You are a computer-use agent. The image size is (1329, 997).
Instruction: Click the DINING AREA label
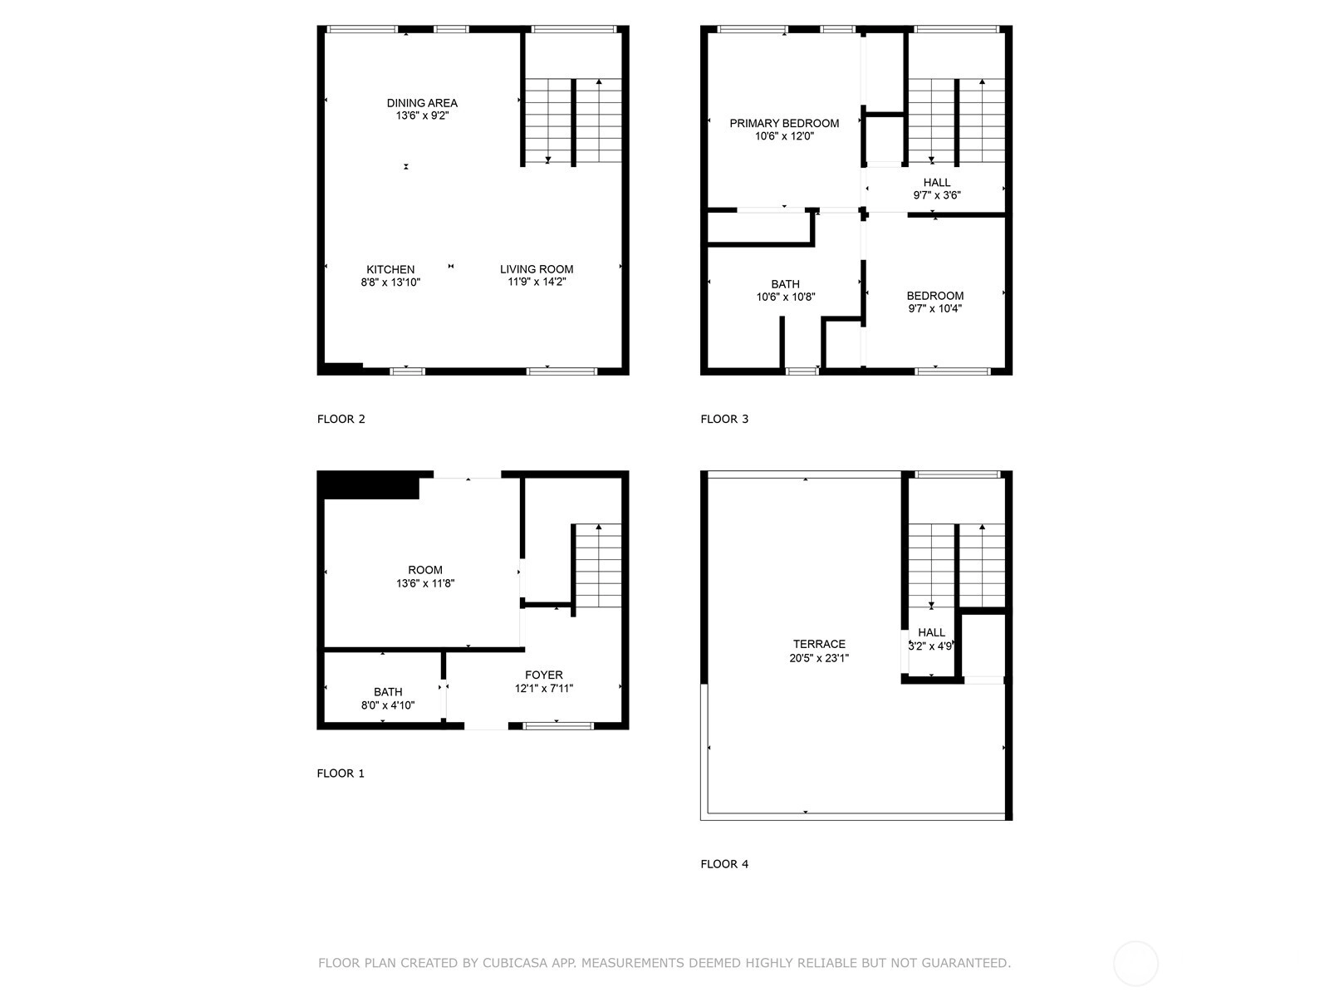pyautogui.click(x=422, y=103)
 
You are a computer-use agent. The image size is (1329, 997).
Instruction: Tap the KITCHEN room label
pyautogui.click(x=390, y=269)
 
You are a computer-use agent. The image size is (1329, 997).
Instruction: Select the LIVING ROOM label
pyautogui.click(x=537, y=268)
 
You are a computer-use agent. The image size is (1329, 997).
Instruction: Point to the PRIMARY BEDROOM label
pyautogui.click(x=784, y=124)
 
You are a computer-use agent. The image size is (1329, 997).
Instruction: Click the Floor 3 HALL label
pyautogui.click(x=937, y=182)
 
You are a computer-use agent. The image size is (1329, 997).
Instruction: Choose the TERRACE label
pyautogui.click(x=819, y=644)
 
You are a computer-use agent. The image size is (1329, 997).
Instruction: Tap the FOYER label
pyautogui.click(x=544, y=675)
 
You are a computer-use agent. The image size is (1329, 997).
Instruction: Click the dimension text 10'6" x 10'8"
pyautogui.click(x=785, y=297)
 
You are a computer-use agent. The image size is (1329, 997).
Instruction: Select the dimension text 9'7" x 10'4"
pyautogui.click(x=934, y=309)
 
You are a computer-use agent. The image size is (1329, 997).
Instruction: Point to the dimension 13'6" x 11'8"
pyautogui.click(x=425, y=583)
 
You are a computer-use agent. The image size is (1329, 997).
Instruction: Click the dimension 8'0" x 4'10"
pyautogui.click(x=388, y=705)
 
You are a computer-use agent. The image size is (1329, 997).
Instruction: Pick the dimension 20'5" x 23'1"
pyautogui.click(x=819, y=658)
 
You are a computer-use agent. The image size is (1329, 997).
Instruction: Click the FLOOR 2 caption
pyautogui.click(x=341, y=419)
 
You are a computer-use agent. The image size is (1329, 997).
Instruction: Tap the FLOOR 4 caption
pyautogui.click(x=724, y=864)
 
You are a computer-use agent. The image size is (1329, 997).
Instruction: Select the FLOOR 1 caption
pyautogui.click(x=341, y=774)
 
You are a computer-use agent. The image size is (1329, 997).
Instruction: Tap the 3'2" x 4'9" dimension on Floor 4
pyautogui.click(x=931, y=646)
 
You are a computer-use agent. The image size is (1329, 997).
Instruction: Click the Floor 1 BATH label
pyautogui.click(x=388, y=692)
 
